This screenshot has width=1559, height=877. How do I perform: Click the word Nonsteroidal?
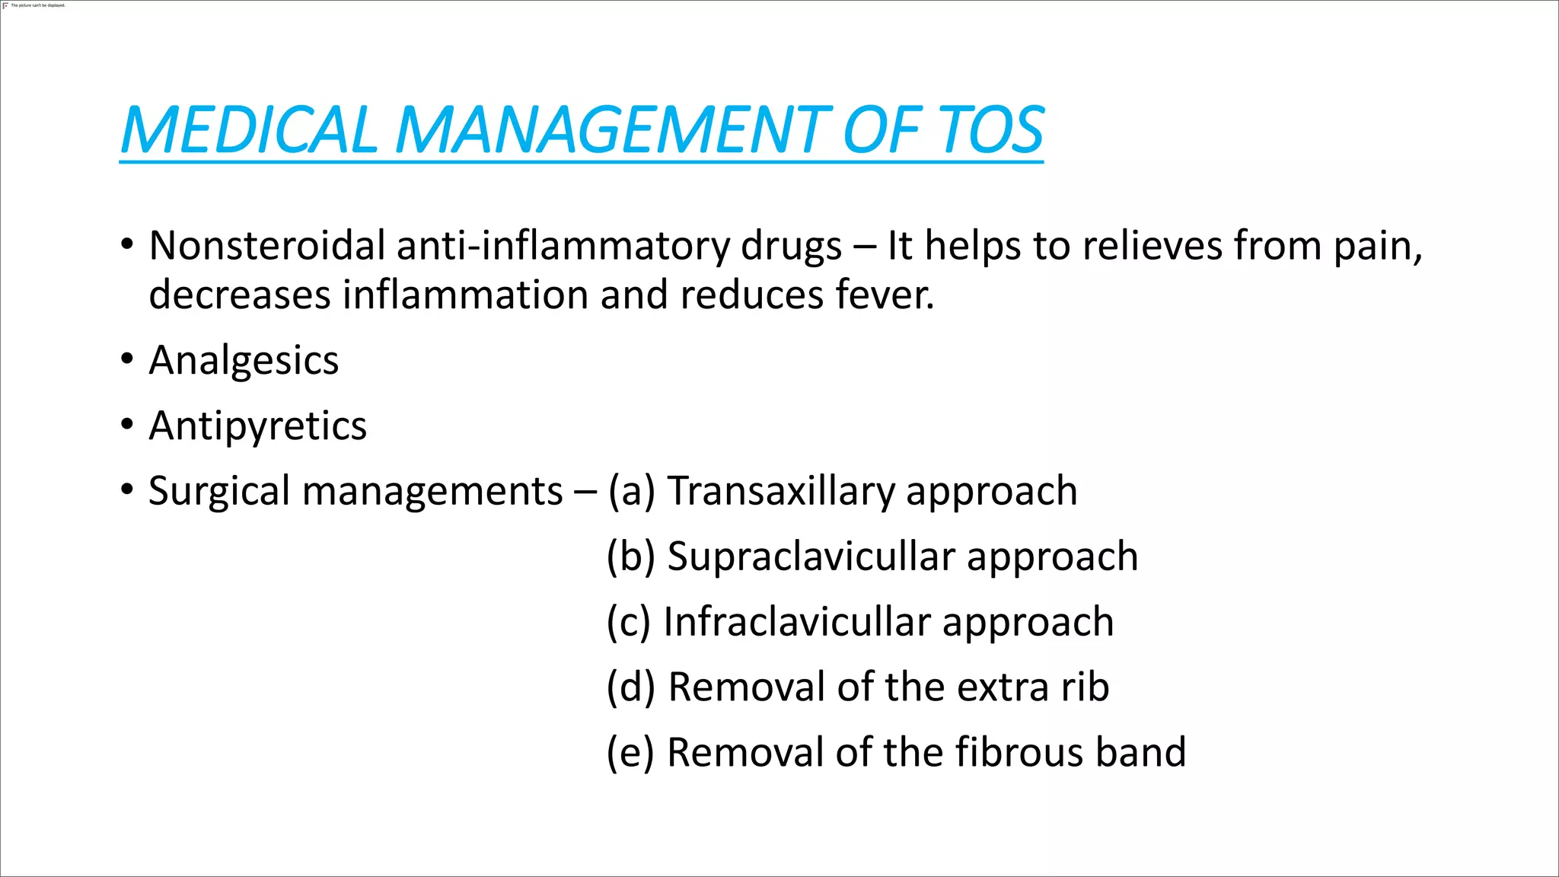(267, 246)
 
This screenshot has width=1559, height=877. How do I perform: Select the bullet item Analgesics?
(244, 361)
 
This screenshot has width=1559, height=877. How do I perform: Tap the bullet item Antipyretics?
(257, 426)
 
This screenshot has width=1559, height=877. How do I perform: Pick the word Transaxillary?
(780, 492)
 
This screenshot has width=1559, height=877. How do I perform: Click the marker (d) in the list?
(630, 687)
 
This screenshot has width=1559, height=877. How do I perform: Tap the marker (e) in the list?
(630, 753)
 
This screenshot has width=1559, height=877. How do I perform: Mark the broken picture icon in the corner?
(6, 5)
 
